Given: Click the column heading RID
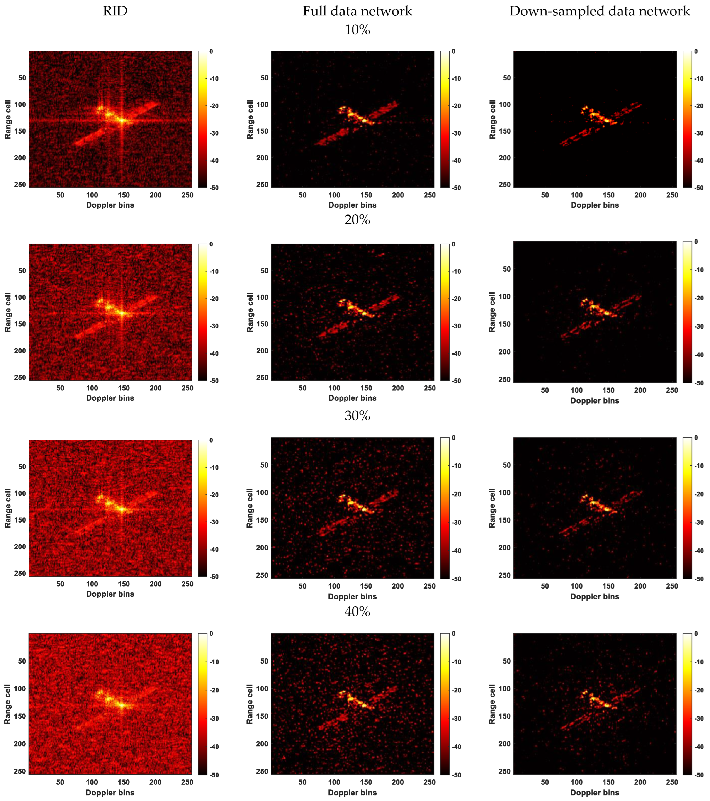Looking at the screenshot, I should click(115, 11).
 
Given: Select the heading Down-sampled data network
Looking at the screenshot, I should click(600, 11).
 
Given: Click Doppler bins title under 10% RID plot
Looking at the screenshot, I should click(110, 205).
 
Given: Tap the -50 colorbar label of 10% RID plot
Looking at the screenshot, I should click(214, 188).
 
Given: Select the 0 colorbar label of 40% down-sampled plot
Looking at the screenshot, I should click(696, 634).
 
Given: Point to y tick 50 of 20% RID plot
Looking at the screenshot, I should click(22, 271).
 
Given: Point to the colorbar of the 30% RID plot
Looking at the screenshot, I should click(203, 508).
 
